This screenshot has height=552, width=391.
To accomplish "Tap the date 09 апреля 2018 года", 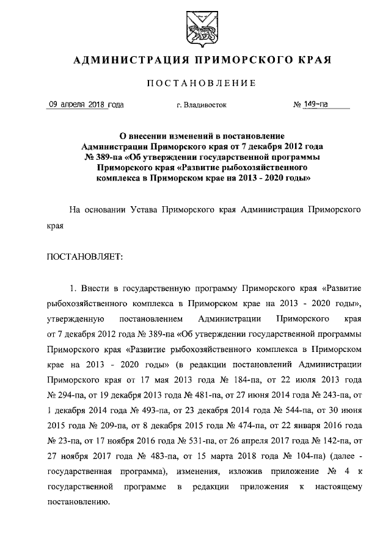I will (x=86, y=104).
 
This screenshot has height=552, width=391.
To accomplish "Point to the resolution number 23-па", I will (x=63, y=440).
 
